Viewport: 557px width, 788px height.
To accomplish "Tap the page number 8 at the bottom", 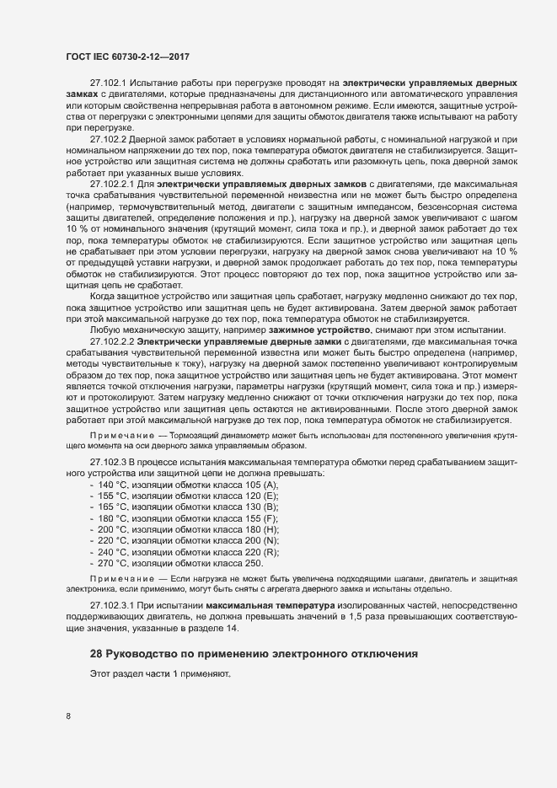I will coord(68,716).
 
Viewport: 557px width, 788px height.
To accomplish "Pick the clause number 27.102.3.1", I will coord(110,607).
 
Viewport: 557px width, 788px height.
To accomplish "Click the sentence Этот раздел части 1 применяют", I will coord(159,674).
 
